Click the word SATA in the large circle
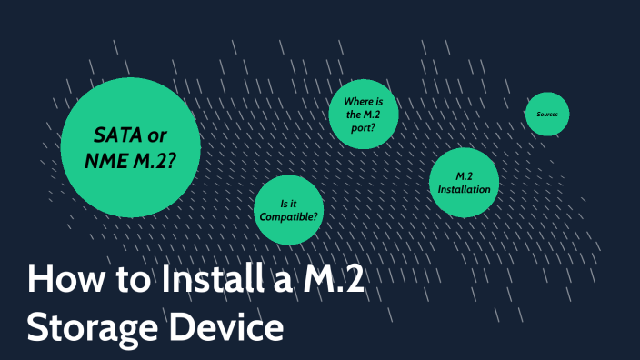(117, 136)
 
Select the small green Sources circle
(547, 115)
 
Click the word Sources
(547, 115)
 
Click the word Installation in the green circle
(464, 189)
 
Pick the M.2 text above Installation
(464, 175)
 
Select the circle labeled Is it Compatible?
(289, 211)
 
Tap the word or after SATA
(156, 136)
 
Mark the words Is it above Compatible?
(289, 203)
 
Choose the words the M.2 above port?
(361, 114)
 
